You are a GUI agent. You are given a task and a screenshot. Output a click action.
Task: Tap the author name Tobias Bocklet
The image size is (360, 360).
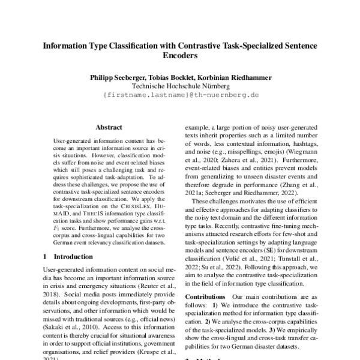[166, 77]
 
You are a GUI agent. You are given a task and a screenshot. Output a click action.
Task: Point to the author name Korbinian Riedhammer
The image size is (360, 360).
[233, 77]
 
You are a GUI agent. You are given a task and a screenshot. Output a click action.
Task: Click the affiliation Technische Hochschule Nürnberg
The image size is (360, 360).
[179, 86]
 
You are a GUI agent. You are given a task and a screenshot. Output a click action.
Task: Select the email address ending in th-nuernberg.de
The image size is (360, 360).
[179, 95]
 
